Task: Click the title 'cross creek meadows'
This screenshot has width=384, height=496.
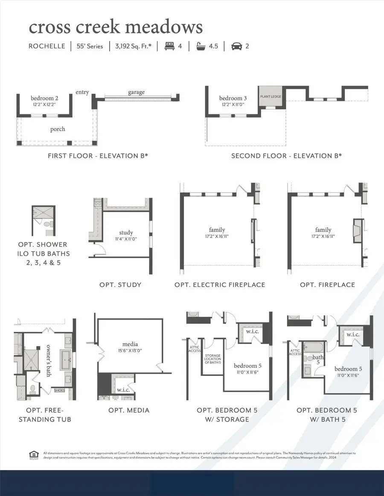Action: point(115,27)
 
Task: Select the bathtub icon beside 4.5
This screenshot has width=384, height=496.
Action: point(201,46)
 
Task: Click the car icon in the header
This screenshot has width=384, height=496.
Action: point(236,46)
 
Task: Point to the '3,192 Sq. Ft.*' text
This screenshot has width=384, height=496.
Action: point(134,46)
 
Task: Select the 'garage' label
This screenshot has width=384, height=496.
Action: point(136,92)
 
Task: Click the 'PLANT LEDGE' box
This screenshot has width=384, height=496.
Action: point(271,97)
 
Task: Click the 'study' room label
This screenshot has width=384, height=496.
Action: point(126,232)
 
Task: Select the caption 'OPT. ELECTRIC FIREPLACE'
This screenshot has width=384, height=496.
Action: point(220,284)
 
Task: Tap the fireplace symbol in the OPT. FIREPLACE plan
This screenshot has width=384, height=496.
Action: point(357,232)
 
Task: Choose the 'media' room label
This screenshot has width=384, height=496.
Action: point(129,344)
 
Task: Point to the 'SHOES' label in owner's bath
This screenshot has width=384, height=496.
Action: point(59,390)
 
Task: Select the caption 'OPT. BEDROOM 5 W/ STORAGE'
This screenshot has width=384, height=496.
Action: point(223,415)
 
